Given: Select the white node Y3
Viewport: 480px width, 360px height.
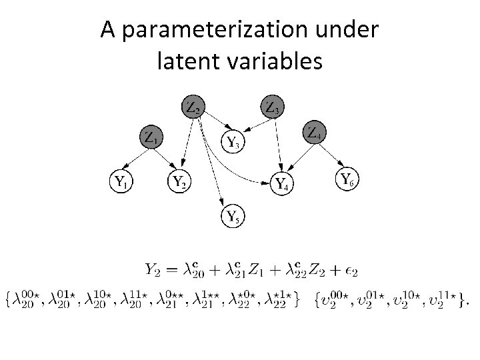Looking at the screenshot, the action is [233, 141].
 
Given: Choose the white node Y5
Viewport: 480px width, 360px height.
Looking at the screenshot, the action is [233, 215].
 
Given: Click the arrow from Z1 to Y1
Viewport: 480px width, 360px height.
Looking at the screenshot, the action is [136, 160].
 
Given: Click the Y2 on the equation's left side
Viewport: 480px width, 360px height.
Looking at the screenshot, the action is [153, 270].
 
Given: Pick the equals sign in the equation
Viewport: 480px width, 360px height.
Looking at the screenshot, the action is [171, 270].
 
